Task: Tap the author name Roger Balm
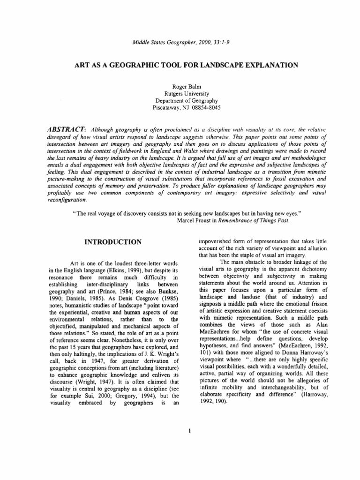tap(180, 86)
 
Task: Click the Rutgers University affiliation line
tap(180, 93)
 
